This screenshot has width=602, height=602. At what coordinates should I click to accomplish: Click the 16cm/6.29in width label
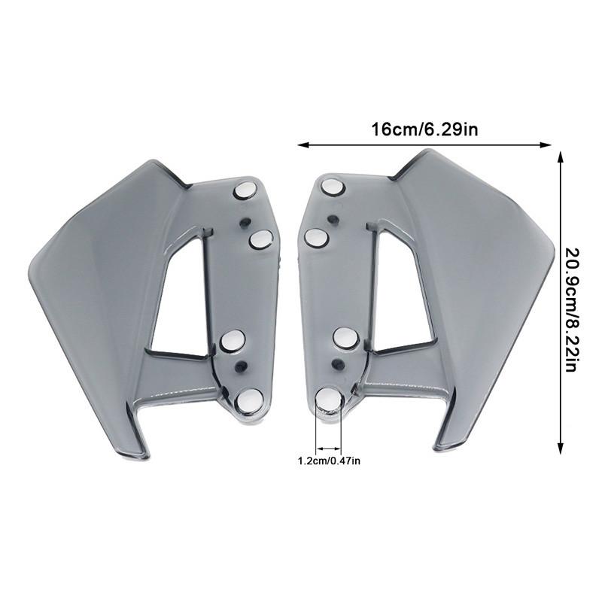(425, 129)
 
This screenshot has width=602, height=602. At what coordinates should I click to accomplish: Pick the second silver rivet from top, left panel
(260, 240)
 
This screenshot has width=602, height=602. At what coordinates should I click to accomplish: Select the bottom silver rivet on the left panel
(249, 400)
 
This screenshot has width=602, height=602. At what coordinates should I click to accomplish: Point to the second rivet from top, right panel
(316, 238)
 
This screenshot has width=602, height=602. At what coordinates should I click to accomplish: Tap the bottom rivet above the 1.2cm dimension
(329, 400)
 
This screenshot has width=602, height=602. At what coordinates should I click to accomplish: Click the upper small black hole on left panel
(245, 222)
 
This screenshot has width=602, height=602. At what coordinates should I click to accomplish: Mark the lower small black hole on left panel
(241, 367)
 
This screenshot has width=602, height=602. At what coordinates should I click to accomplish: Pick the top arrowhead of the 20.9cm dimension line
(559, 155)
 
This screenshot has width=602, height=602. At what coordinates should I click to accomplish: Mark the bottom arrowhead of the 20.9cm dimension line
(559, 450)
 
